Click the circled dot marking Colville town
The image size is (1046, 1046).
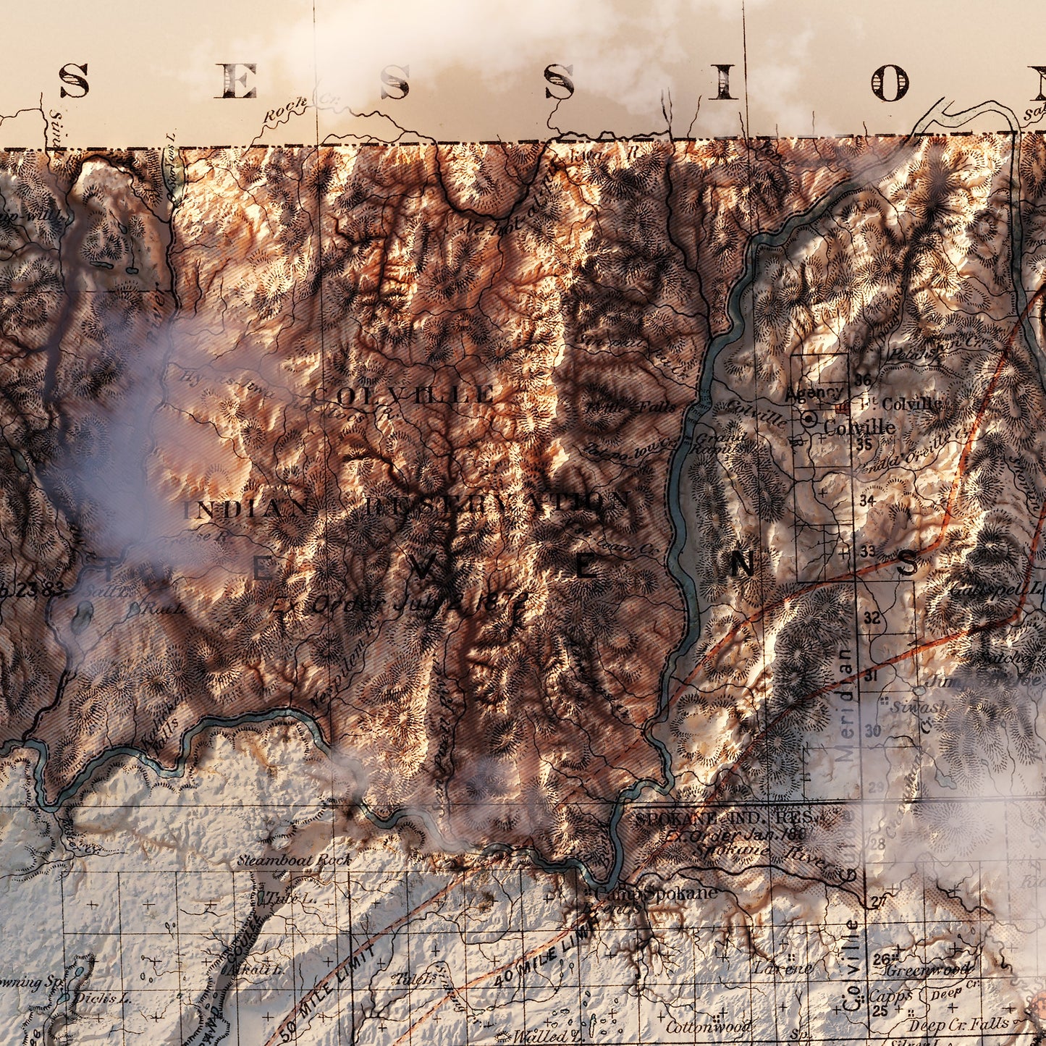(x=809, y=419)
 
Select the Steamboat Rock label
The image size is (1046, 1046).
(x=295, y=861)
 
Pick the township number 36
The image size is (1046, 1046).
(x=862, y=380)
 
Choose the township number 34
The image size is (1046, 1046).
(x=866, y=499)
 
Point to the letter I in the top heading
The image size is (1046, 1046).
(x=722, y=82)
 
